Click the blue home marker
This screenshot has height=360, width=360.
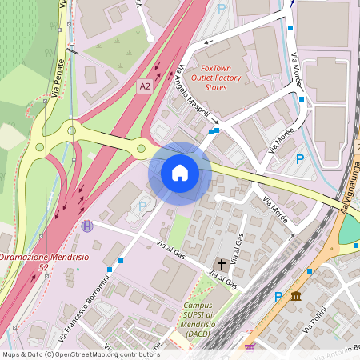[x=180, y=172]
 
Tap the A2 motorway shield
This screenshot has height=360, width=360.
[x=145, y=86]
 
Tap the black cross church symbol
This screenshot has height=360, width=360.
[x=220, y=263]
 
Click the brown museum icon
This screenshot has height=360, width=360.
[x=296, y=297]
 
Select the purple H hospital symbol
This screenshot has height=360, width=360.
[x=87, y=226]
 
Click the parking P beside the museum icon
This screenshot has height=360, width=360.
[x=279, y=297]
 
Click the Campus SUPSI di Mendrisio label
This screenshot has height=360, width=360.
[x=198, y=321]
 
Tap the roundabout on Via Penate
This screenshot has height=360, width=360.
[x=72, y=130]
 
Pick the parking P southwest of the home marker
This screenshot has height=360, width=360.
[x=142, y=206]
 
